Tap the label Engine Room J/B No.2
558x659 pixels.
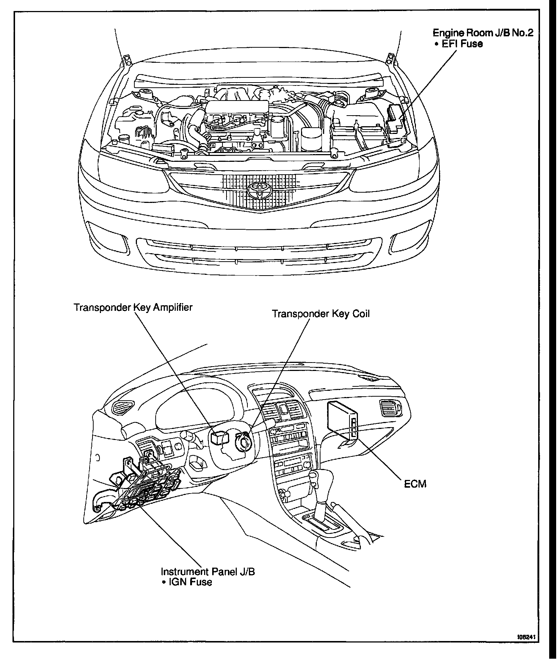[482, 33]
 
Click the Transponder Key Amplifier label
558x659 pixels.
[133, 307]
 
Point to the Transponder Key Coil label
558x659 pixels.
[320, 314]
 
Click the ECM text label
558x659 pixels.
[415, 484]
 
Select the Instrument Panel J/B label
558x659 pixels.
[208, 572]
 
